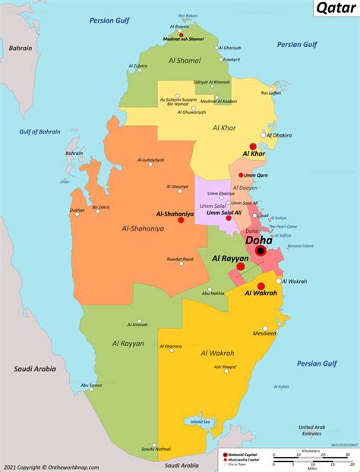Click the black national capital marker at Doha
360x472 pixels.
(x=261, y=250)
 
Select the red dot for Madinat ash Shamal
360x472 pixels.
(x=181, y=34)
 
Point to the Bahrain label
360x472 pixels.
(x=21, y=48)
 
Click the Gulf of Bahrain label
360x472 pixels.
(x=39, y=132)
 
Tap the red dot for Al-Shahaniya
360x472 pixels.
(x=201, y=215)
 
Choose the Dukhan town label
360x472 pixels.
(x=77, y=210)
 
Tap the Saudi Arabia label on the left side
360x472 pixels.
(x=33, y=369)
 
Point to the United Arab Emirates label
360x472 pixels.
(x=311, y=430)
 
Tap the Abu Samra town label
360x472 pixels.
(x=91, y=385)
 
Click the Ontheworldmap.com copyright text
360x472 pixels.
(x=51, y=466)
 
